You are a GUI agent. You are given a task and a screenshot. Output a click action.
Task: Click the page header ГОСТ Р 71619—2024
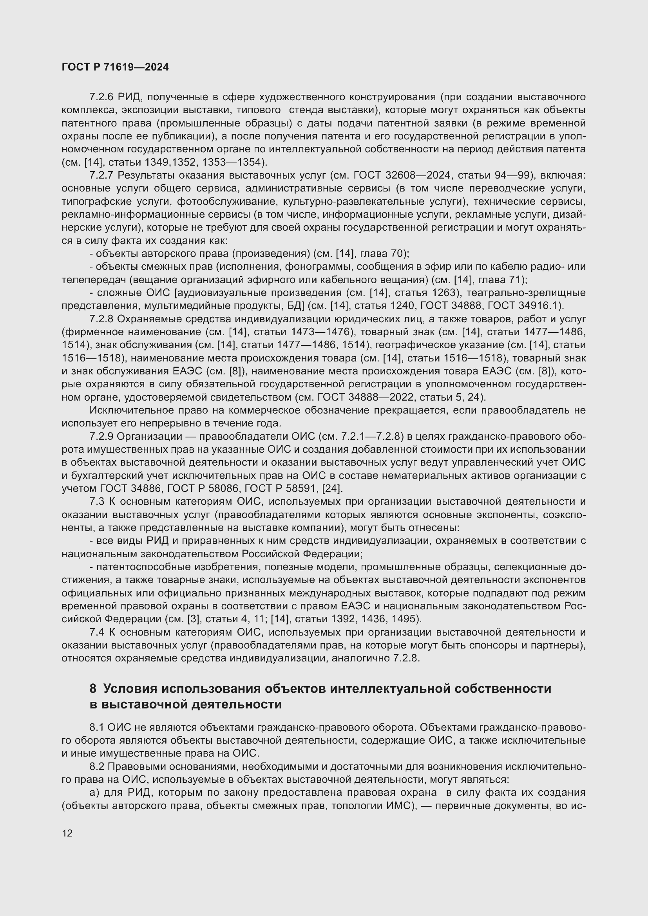115,67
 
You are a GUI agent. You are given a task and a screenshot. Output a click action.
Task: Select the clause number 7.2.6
101,97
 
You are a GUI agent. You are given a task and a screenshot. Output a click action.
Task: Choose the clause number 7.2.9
101,436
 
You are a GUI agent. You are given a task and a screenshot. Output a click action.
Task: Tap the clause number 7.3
97,502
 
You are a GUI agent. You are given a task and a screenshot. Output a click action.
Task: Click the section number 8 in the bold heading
93,689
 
